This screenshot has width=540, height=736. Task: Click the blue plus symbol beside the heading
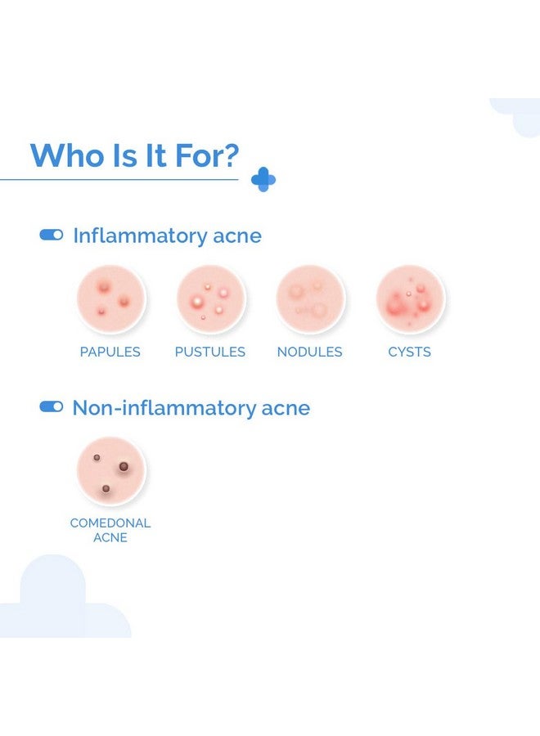263,179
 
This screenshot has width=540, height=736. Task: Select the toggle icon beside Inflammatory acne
52,235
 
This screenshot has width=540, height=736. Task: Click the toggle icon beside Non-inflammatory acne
52,406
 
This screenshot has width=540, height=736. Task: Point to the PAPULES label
110,352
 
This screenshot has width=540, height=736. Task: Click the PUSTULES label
210,352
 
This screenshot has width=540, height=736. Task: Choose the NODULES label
309,352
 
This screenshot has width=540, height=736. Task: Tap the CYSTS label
409,352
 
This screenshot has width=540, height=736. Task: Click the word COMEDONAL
110,523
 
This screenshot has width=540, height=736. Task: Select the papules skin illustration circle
111,298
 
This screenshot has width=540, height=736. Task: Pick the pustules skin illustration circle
211,298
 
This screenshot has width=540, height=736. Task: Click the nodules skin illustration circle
310,298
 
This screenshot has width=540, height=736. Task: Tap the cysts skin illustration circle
411,298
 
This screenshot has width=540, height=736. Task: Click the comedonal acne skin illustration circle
111,471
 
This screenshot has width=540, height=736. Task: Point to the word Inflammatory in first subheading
140,236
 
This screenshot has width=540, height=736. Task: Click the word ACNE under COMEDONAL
110,537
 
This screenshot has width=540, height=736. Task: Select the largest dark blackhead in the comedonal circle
124,467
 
